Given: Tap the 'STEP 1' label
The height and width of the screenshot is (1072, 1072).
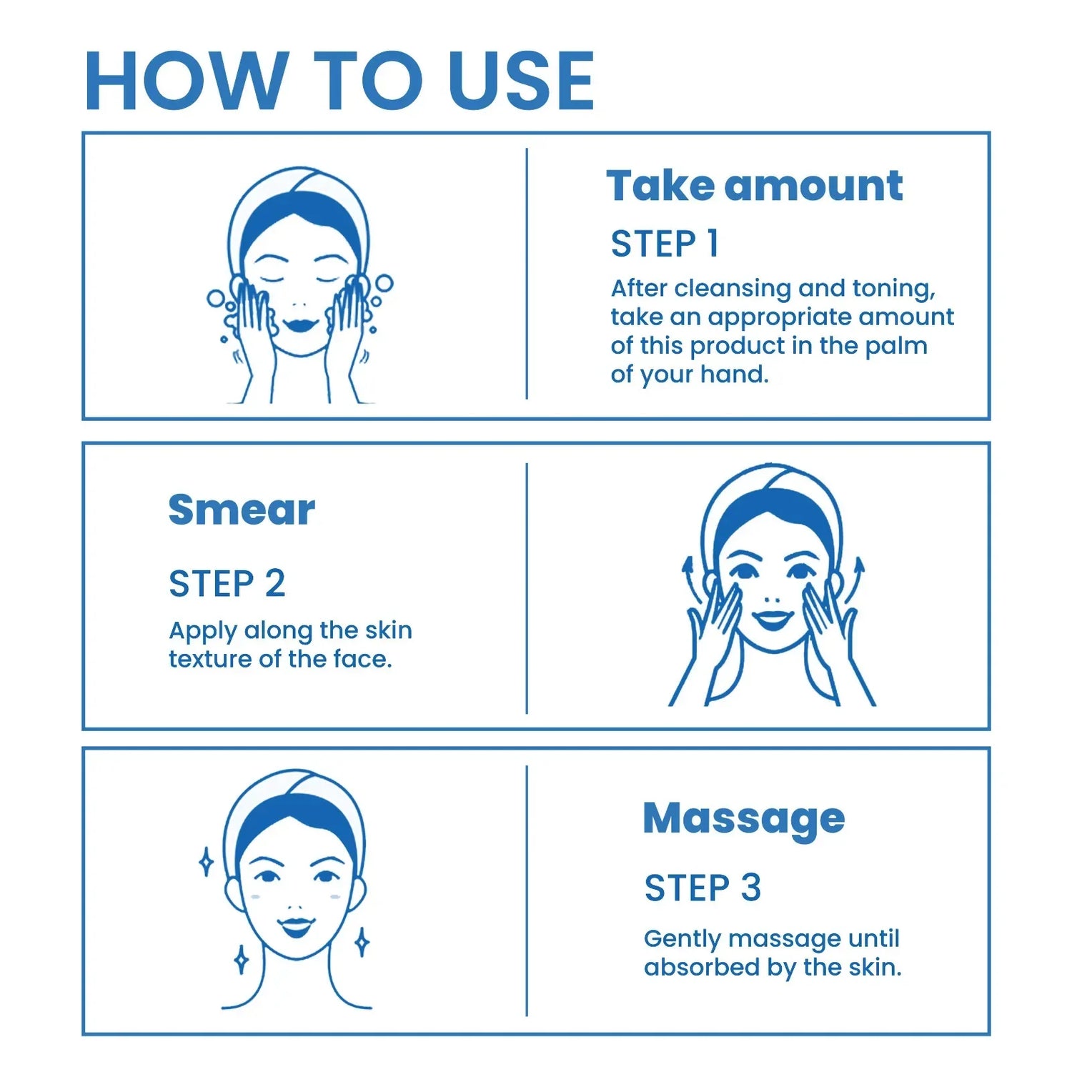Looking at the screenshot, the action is coord(665,244).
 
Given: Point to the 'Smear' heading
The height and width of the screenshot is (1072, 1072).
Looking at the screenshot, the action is coord(242,510).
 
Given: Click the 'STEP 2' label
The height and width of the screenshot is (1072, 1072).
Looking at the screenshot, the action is coord(227,584).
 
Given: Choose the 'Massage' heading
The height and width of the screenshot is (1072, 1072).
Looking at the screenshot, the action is coord(744,819).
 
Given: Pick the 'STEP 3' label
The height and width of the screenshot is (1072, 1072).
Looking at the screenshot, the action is coord(703,888).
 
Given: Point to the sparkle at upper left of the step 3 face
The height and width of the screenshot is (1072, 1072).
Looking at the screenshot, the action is coord(206,862).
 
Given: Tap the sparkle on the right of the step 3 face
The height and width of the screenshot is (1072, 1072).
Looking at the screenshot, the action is coord(362,942).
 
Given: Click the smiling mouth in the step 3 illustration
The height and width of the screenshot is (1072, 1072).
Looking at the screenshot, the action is coord(296,927).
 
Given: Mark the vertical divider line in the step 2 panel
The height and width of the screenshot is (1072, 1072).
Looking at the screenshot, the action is coord(527,588).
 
